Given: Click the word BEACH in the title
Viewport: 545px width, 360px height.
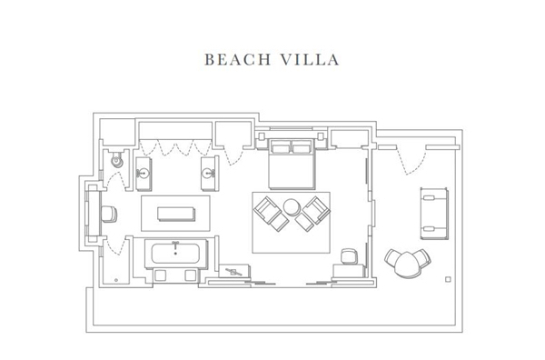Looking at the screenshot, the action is [238, 59].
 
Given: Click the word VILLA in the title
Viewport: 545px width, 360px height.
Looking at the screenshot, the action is [310, 59].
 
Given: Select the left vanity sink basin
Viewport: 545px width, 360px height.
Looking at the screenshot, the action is [143, 173].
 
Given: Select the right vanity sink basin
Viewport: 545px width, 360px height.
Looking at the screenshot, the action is [209, 173].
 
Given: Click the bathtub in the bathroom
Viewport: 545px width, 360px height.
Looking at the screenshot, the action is [175, 254].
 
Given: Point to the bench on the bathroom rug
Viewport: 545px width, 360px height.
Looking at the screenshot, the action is [176, 214].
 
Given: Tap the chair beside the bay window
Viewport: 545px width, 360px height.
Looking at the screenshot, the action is [109, 214].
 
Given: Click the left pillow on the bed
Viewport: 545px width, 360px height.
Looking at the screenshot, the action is [281, 148].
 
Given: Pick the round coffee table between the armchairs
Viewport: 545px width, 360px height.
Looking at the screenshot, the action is [292, 207].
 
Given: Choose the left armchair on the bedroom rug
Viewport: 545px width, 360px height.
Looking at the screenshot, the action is [271, 214].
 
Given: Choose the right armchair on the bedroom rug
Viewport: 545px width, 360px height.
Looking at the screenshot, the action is [312, 214].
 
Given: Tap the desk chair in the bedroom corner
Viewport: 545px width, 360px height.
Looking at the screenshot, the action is [348, 256].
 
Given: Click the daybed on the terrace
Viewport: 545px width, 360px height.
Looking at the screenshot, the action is [434, 214].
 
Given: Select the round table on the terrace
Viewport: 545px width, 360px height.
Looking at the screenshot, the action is [407, 265].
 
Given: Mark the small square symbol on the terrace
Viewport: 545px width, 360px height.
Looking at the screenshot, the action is [448, 279].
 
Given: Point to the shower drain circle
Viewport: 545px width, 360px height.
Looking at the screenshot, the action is [116, 280].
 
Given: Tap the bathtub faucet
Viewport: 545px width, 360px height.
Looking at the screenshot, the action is [175, 246].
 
